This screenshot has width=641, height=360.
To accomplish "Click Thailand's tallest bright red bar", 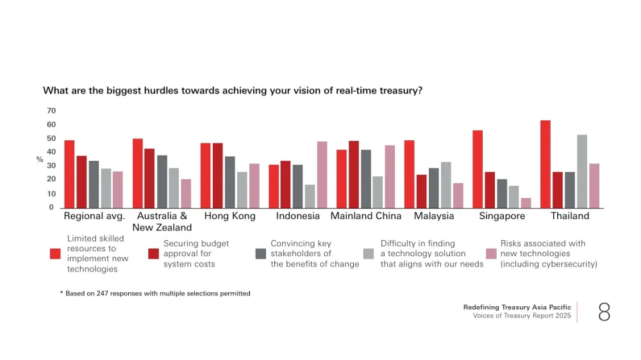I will [x=545, y=164].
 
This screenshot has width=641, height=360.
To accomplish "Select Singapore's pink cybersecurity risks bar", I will [x=526, y=203].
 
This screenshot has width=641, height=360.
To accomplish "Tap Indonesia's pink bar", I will [x=322, y=175].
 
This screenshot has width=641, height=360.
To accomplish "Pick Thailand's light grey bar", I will [x=582, y=171].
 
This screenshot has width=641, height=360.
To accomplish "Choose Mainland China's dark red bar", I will [x=353, y=174].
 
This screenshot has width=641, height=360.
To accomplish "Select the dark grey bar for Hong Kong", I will [x=229, y=182].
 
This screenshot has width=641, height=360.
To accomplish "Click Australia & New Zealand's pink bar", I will [x=186, y=193].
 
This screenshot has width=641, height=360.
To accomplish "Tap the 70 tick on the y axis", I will [x=51, y=111].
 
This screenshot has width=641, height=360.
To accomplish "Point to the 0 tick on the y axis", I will [x=51, y=208].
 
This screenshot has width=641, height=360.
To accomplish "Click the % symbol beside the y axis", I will [x=40, y=160].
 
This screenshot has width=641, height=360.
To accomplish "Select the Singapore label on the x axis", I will [x=502, y=216].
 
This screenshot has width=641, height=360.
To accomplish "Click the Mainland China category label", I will [x=365, y=216].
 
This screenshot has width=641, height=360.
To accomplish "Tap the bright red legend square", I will [x=55, y=254].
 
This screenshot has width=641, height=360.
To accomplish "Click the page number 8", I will [x=604, y=312].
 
